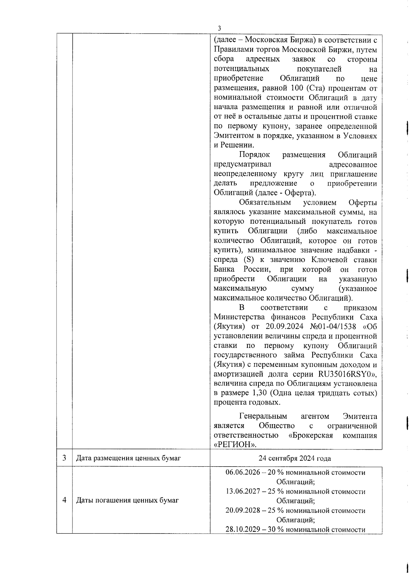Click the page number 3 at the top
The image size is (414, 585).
point(219,28)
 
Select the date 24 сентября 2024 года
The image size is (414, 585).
point(295,458)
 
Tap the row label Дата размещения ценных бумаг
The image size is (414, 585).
point(128,458)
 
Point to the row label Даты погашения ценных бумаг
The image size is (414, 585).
point(127,500)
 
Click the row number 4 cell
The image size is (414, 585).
point(65,500)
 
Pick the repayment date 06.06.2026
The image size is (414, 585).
point(240,472)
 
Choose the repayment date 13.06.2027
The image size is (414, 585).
point(240,491)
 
